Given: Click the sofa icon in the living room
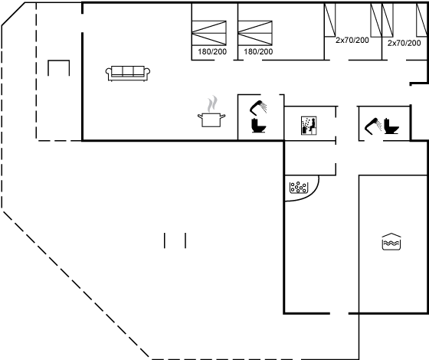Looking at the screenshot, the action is pyautogui.click(x=128, y=74).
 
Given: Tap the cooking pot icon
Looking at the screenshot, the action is pyautogui.click(x=211, y=119).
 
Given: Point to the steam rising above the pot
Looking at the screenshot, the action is pyautogui.click(x=212, y=104).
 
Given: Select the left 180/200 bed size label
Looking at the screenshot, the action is pyautogui.click(x=212, y=52).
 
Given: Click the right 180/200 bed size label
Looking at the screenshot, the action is pyautogui.click(x=258, y=52).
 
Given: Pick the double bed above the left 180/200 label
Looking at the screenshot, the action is pyautogui.click(x=209, y=33).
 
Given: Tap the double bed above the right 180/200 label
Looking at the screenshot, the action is pyautogui.click(x=255, y=33).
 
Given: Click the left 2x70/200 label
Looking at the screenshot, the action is pyautogui.click(x=352, y=40).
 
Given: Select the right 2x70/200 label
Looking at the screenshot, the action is pyautogui.click(x=404, y=43).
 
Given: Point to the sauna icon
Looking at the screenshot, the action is pyautogui.click(x=309, y=126).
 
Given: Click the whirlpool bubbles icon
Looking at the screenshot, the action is pyautogui.click(x=299, y=188).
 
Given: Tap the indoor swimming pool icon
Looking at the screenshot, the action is pyautogui.click(x=391, y=241).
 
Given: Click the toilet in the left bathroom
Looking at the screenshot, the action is pyautogui.click(x=259, y=126).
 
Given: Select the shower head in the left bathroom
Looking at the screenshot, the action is pyautogui.click(x=258, y=107).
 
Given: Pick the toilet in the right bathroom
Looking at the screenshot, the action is pyautogui.click(x=391, y=126).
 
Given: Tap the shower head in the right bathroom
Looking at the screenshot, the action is pyautogui.click(x=373, y=126).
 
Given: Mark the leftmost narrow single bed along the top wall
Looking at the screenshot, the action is pyautogui.click(x=329, y=20).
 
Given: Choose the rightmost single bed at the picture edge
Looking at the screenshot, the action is pyautogui.click(x=421, y=20).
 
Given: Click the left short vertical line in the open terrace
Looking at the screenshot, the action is pyautogui.click(x=165, y=241).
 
